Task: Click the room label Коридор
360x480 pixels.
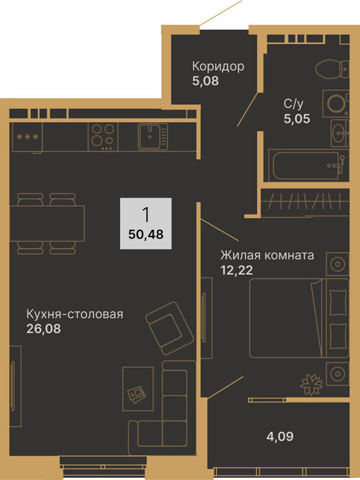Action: (x=218, y=67)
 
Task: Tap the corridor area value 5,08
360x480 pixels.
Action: (x=206, y=81)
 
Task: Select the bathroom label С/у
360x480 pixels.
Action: (x=293, y=104)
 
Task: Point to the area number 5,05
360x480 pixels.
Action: (x=297, y=119)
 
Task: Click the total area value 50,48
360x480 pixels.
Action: (x=145, y=235)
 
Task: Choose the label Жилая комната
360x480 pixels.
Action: (x=267, y=255)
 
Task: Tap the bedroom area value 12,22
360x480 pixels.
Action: (x=236, y=270)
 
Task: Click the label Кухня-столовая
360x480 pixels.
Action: (x=75, y=314)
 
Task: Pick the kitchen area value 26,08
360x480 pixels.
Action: (x=43, y=329)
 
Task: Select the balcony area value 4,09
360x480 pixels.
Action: (x=280, y=437)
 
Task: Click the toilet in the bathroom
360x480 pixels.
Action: (x=332, y=69)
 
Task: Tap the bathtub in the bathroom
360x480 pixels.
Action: (x=309, y=165)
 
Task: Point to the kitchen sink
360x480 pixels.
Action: (x=153, y=136)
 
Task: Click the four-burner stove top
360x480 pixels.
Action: (x=103, y=136)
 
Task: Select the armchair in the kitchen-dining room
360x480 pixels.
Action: (x=169, y=328)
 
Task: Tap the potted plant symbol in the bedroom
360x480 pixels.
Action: (x=311, y=385)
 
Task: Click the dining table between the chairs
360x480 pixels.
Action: (x=47, y=223)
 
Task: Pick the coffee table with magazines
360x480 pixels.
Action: (x=138, y=389)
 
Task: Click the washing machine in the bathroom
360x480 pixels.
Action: (x=336, y=103)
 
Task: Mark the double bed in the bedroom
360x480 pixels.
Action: (x=299, y=318)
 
